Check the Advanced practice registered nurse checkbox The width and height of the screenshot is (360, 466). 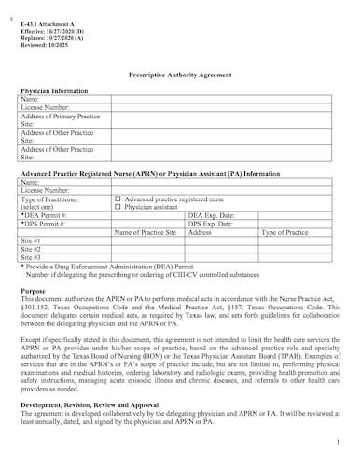118,199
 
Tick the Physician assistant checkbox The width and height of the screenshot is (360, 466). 118,208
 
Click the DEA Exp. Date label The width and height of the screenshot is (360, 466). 211,215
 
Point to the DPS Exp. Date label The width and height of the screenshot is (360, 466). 211,224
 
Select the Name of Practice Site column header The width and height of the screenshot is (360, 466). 145,232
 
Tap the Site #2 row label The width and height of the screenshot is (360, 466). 31,249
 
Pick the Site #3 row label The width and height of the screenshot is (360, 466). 31,257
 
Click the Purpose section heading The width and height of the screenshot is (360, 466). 33,292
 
